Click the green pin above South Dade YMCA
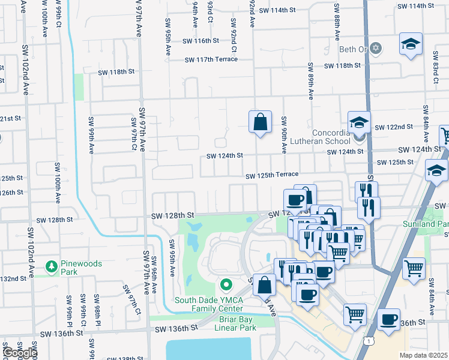click(x=226, y=284)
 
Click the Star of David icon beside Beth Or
click(x=376, y=48)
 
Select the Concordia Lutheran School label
click(x=331, y=137)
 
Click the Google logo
click(x=19, y=353)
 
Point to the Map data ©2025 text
click(x=423, y=355)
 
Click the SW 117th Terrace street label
click(x=211, y=59)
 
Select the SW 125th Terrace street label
click(x=272, y=175)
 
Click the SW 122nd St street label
click(x=394, y=127)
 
